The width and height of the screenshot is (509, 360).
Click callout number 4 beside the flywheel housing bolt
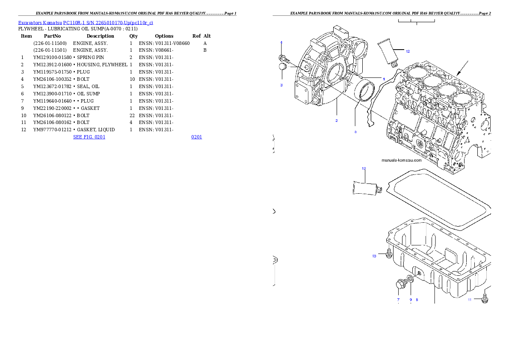tap(281, 42)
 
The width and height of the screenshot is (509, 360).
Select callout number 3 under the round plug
tap(281, 85)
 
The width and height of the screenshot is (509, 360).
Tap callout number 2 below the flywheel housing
tap(337, 121)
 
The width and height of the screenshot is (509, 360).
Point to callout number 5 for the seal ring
tap(355, 132)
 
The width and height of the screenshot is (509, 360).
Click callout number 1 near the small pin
tap(384, 79)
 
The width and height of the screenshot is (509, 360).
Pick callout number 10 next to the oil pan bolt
tap(374, 256)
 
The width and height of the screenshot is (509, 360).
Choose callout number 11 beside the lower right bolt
tap(469, 300)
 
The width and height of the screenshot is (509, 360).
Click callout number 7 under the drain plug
tap(398, 300)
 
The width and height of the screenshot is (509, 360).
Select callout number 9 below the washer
tap(411, 300)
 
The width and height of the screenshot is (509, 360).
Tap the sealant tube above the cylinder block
tap(389, 51)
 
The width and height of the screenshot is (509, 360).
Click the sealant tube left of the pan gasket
tap(365, 189)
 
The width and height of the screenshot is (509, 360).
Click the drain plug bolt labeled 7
tap(401, 283)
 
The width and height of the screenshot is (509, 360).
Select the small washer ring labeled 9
tap(410, 280)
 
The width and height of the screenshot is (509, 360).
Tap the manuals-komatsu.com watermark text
tap(401, 161)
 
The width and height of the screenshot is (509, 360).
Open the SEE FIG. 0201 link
tap(89, 137)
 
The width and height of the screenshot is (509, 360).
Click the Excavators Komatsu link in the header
tap(86, 23)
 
